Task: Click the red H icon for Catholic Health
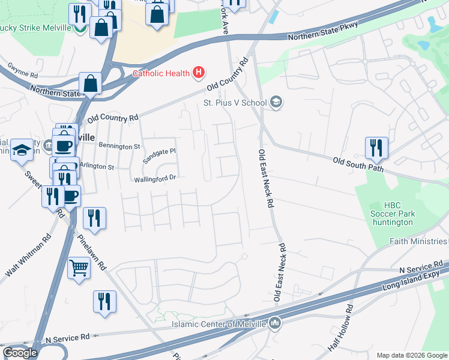(x=199, y=74)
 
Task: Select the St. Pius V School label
(x=234, y=102)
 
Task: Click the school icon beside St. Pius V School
(x=276, y=102)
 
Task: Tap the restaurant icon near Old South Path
(x=376, y=147)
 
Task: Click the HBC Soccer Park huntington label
(x=391, y=214)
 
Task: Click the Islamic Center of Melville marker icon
(x=276, y=324)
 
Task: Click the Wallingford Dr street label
(x=154, y=178)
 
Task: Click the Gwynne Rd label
(x=23, y=72)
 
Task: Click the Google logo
(x=20, y=353)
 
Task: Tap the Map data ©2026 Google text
(x=412, y=355)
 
